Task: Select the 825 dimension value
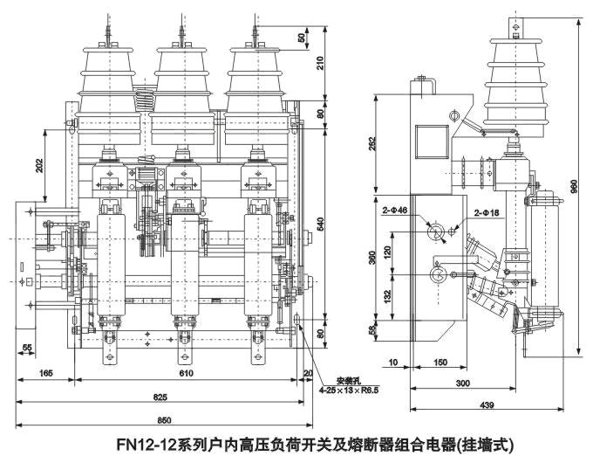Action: [x=160, y=397]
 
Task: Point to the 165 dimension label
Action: [x=46, y=374]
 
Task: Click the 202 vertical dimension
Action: [x=38, y=166]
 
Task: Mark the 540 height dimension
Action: [x=320, y=225]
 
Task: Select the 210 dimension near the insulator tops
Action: [x=320, y=62]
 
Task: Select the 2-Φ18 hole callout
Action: [x=487, y=211]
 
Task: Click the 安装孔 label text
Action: [x=337, y=380]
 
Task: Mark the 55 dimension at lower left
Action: [x=27, y=347]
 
